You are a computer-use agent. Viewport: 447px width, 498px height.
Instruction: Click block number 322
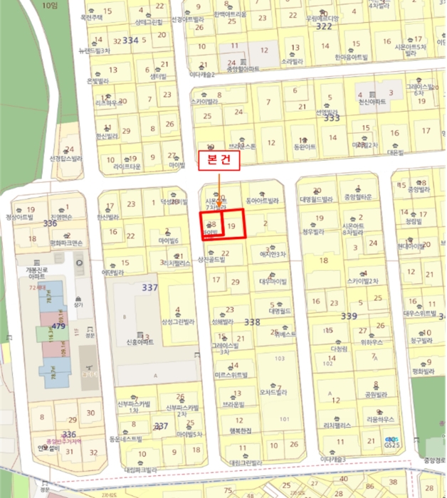pos(324,26)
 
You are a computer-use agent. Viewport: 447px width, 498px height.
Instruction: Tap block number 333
pos(331,117)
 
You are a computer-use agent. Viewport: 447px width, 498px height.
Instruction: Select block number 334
pos(130,40)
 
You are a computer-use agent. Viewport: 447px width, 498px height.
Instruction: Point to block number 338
pos(252,322)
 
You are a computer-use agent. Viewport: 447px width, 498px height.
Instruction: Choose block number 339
pos(349,315)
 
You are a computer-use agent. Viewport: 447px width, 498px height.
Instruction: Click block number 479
pos(58,327)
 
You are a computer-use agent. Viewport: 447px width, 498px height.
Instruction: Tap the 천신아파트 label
pos(372,102)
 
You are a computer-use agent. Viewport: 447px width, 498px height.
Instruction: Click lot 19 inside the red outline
pos(231,226)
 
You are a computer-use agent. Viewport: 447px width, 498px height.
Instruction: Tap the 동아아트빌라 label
pos(262,201)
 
